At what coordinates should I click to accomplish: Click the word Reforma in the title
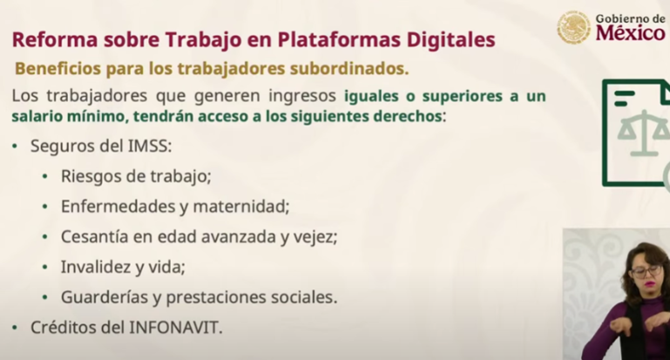55,40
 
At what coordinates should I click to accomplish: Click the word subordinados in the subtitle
349,68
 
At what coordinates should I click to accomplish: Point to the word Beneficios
58,68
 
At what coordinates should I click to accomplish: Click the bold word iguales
371,96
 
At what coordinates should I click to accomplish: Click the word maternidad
241,207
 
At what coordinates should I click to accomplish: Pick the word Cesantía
94,237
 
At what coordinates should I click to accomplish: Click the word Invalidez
96,268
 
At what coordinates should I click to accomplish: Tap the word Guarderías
105,297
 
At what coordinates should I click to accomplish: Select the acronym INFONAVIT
175,328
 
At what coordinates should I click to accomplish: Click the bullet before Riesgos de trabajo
44,177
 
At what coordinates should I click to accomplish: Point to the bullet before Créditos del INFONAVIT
15,328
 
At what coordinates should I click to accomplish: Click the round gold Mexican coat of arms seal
573,27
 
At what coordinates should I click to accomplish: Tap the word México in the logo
630,32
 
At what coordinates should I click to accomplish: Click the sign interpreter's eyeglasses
646,271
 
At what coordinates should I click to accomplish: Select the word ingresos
302,96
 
